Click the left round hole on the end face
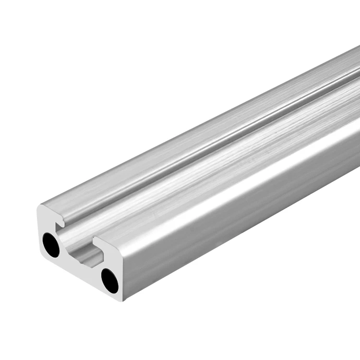pyautogui.click(x=51, y=245)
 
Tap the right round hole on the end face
pyautogui.click(x=109, y=280)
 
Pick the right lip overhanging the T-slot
pyautogui.click(x=98, y=242)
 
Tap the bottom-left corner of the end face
pyautogui.click(x=40, y=252)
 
